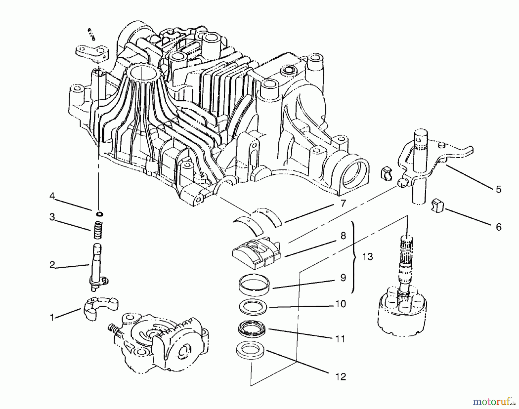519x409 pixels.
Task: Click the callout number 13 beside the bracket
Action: [367, 256]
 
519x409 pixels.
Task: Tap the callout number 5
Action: [499, 189]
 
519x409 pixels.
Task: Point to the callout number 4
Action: [52, 196]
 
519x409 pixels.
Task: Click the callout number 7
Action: [343, 203]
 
